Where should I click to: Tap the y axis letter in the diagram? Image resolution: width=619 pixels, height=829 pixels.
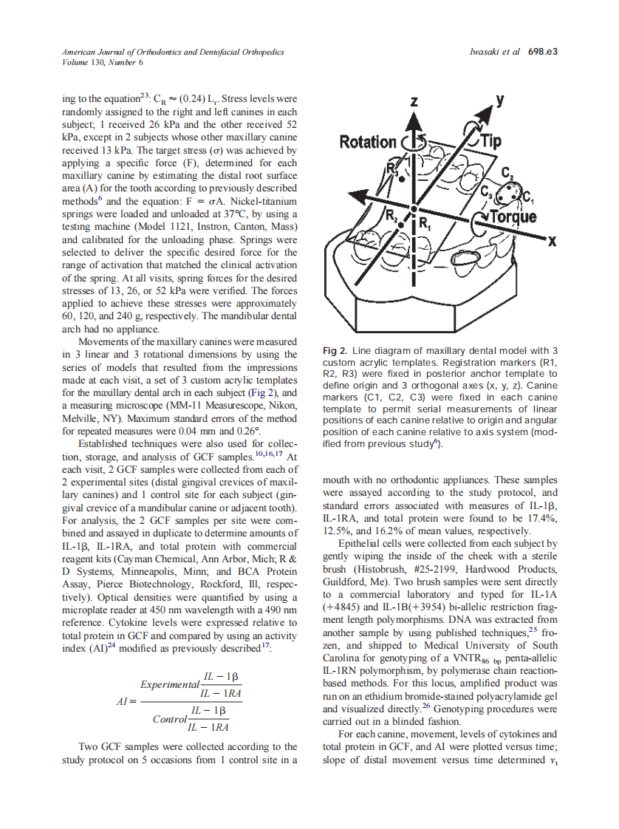coord(500,99)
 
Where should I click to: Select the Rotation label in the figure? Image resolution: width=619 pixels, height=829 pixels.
coord(368,142)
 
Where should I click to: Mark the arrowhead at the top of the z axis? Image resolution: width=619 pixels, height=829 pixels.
coord(415,118)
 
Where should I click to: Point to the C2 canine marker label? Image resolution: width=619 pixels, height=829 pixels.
coord(507,174)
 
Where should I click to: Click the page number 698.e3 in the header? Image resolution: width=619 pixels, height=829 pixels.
coord(542,52)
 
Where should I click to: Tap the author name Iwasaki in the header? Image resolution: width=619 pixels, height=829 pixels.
coord(486,52)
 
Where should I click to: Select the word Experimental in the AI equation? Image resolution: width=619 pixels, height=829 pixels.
coord(168,684)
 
